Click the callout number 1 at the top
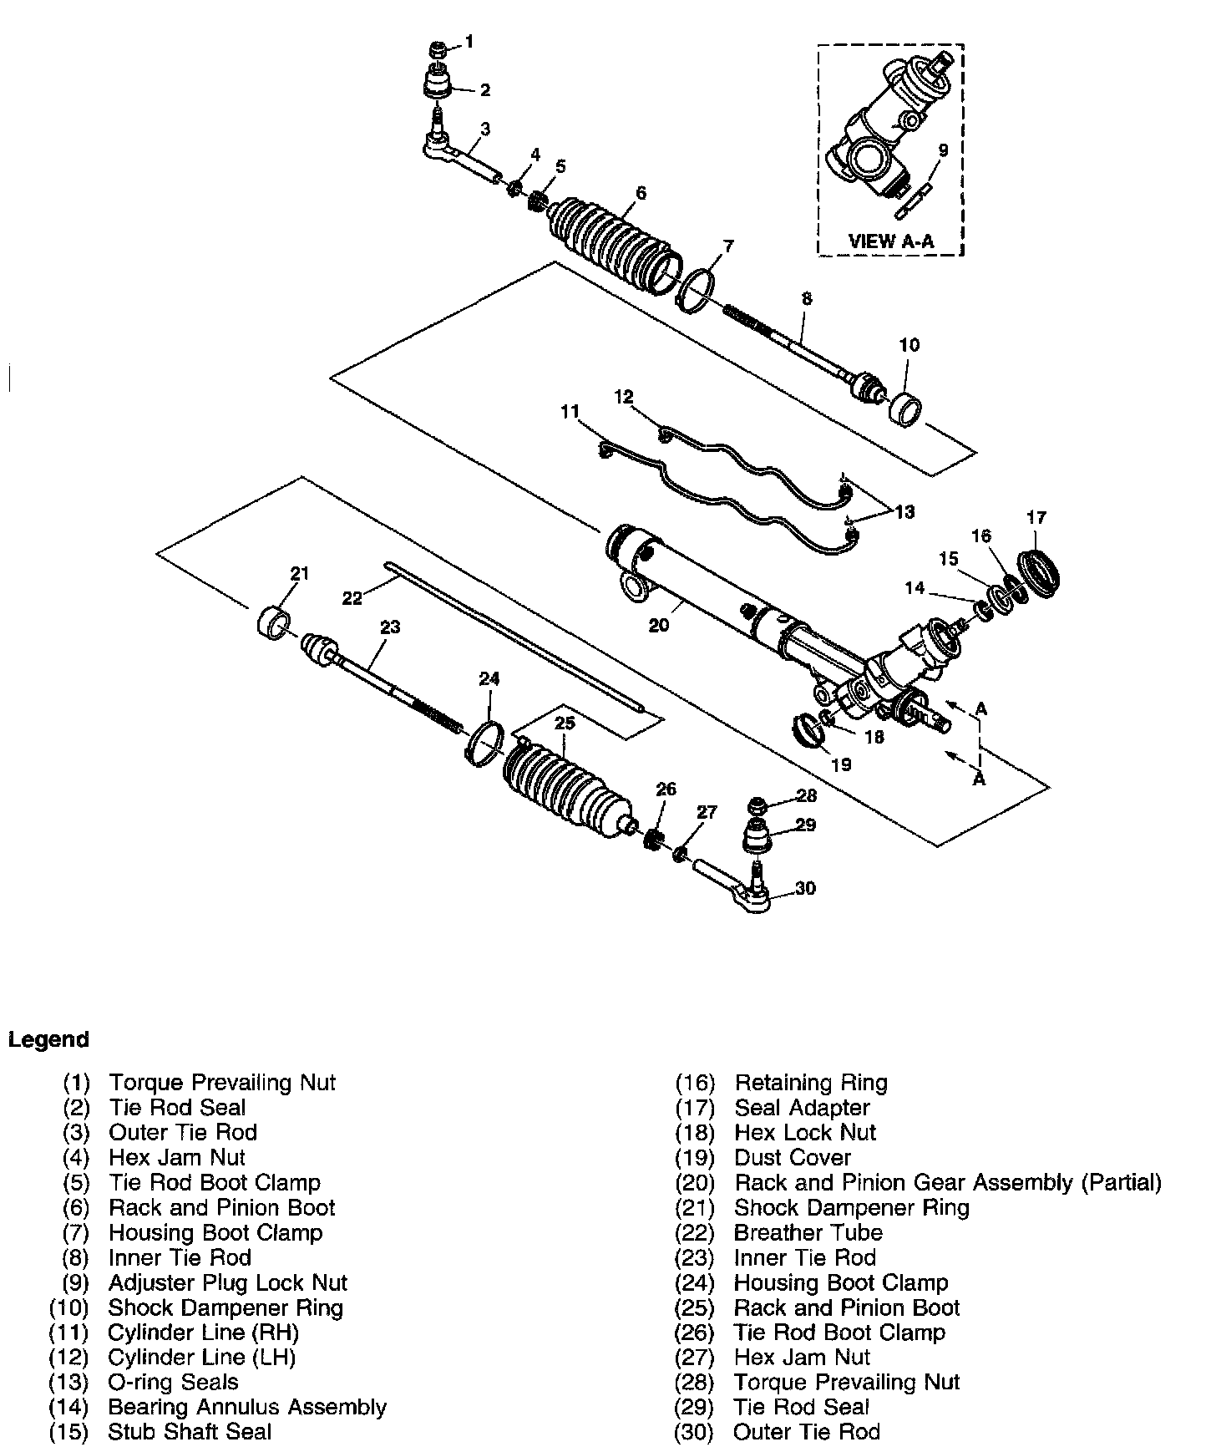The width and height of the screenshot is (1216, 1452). [469, 41]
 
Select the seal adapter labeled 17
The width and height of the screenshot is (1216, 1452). [1042, 574]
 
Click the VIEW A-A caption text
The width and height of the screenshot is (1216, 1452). [891, 241]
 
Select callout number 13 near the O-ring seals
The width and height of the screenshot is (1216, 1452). [904, 512]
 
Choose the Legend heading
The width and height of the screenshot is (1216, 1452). [48, 1040]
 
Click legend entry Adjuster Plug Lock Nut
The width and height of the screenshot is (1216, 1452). [227, 1282]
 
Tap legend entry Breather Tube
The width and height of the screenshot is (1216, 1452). [808, 1232]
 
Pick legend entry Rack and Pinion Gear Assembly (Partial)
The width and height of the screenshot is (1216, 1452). [947, 1182]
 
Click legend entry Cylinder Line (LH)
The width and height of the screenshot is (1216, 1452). [201, 1358]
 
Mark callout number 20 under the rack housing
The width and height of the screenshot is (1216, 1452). [659, 624]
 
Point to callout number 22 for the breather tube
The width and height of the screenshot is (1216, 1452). [353, 597]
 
